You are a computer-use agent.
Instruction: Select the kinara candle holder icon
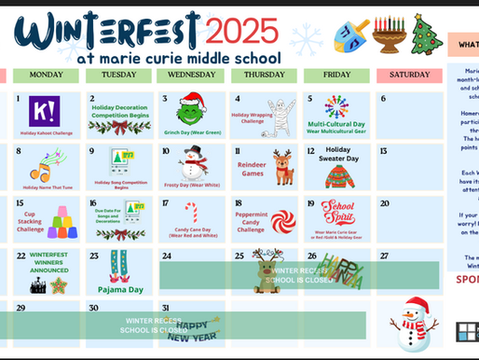point(389,35)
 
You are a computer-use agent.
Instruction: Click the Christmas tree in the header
point(428,34)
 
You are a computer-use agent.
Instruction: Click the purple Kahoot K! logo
point(43,112)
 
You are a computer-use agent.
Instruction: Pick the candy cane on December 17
point(191,214)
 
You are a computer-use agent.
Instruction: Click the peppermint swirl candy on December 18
point(282,221)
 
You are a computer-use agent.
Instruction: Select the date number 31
point(166,307)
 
